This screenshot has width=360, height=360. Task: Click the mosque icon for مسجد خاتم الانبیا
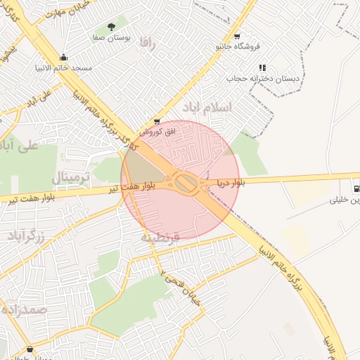point(65,58)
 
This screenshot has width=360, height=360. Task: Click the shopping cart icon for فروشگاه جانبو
point(237,37)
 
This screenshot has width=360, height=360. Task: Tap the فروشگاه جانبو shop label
point(238,46)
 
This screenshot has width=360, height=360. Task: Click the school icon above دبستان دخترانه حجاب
point(262,67)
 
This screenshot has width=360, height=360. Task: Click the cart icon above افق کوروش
point(156,121)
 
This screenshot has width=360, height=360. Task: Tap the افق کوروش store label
point(151,131)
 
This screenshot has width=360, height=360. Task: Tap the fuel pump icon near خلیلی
point(357,188)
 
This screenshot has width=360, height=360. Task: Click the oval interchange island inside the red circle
point(186,184)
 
